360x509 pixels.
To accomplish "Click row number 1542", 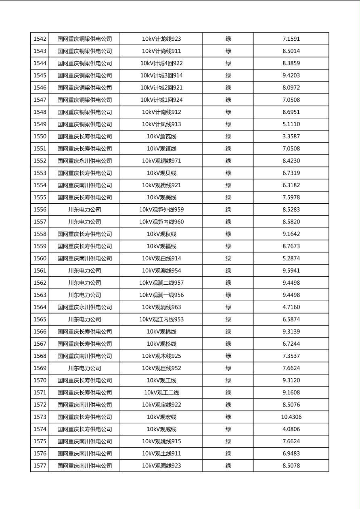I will tap(40, 39).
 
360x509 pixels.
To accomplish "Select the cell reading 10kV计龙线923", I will tap(161, 39).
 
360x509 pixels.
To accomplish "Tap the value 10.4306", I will tap(291, 417).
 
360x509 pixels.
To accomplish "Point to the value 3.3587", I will tap(291, 136).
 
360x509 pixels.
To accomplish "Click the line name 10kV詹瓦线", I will tap(161, 136).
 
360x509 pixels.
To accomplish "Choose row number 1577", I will tap(40, 466).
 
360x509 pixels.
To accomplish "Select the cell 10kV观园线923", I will tap(161, 466).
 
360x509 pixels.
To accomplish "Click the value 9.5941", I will tap(291, 271).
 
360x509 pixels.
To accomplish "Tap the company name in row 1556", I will tap(84, 210).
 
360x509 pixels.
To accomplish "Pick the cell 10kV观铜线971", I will tap(161, 161).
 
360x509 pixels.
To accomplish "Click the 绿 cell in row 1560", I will tap(228, 259).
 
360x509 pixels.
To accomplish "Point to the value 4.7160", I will tap(291, 307).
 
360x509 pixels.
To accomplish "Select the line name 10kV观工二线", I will tap(161, 392).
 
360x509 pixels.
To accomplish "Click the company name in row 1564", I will tap(84, 307).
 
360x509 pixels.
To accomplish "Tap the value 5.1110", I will tap(291, 124).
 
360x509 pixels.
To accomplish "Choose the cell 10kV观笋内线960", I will tap(161, 222).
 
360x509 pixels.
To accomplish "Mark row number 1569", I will tap(40, 368).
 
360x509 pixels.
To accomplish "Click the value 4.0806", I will tap(291, 429).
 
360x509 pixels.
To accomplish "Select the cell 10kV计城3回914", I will tap(161, 75).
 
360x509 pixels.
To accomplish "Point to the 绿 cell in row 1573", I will tap(228, 417).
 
